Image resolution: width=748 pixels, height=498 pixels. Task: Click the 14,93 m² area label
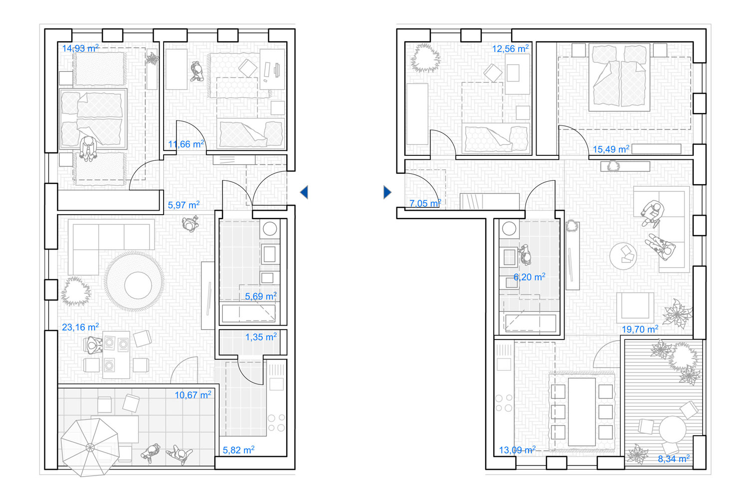point(80,48)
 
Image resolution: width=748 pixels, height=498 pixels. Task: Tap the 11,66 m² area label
point(186,144)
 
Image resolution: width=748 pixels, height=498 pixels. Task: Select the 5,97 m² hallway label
point(184,205)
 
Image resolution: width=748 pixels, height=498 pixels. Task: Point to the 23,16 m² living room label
point(80,327)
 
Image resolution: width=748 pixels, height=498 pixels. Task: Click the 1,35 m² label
point(261,337)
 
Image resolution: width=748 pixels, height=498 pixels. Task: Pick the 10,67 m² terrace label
point(193,395)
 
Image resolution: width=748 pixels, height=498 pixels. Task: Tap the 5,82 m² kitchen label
point(239,450)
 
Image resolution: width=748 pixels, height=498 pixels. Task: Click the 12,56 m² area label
point(511,49)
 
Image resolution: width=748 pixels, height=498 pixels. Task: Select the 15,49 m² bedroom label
point(611,149)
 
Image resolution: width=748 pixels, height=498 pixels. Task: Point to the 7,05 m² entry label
point(425,203)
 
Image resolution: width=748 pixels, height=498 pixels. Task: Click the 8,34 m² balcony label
point(674,459)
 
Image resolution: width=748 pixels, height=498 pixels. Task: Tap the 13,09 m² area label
point(517,450)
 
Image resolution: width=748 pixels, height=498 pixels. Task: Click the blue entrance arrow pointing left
point(304,192)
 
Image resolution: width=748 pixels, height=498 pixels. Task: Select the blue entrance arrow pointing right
point(387,192)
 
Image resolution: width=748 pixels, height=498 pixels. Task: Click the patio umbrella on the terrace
point(90,447)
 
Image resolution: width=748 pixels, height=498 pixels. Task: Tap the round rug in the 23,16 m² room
point(134,282)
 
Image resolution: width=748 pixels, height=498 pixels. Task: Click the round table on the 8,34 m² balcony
point(673,429)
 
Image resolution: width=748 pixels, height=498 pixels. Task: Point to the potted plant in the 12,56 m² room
point(425,58)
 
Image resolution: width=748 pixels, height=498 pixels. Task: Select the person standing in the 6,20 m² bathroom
point(525,255)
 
